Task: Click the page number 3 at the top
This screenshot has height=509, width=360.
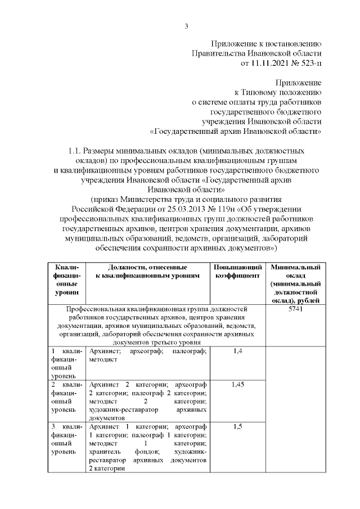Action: coord(186,26)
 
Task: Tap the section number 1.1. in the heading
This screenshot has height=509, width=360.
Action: coord(74,151)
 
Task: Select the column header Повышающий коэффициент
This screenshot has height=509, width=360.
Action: coord(237,272)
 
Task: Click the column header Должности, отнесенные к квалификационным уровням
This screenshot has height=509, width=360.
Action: coord(148,272)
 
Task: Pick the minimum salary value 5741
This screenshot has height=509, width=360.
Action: coord(295,310)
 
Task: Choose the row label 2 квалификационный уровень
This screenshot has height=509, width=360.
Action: coord(67,397)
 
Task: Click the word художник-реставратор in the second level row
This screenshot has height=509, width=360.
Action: coord(123,410)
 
